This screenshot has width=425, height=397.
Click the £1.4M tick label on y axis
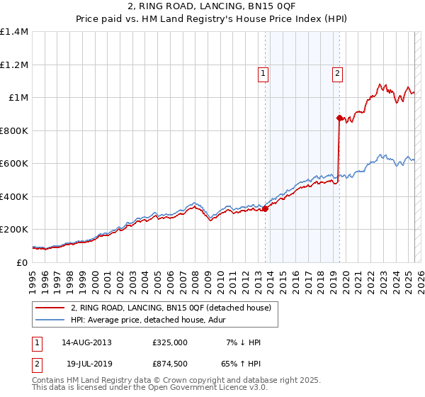13,32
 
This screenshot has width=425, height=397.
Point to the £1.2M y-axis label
13,65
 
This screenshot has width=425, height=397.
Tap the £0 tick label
22,262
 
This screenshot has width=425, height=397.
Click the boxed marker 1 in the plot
263,72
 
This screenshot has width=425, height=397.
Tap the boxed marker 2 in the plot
337,72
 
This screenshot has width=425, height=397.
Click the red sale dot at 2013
266,208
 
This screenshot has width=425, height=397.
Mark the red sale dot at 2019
339,118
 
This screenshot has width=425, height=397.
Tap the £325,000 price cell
171,342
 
